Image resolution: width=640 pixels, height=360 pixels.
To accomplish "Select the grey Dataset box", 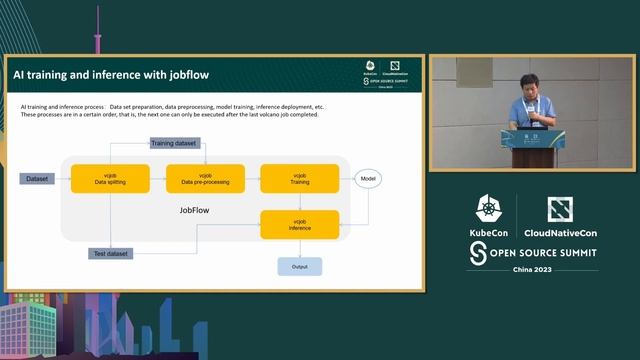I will click(x=37, y=178).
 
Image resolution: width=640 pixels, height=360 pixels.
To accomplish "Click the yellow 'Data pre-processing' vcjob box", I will click(x=205, y=178).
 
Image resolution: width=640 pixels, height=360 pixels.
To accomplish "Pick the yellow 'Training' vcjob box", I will click(x=299, y=178).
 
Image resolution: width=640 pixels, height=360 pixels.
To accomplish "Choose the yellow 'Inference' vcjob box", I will click(x=299, y=224).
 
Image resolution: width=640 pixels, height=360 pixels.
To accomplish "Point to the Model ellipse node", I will click(x=369, y=178).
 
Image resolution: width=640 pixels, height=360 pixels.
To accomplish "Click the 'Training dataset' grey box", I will click(x=176, y=143).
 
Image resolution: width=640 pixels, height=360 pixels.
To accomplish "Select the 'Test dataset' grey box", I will click(x=110, y=253).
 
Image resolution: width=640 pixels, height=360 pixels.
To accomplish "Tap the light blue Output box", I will click(x=299, y=266).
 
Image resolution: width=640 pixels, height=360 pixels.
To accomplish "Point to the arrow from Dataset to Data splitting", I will click(x=62, y=178).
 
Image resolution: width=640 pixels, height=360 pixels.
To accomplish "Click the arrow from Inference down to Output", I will click(x=299, y=247).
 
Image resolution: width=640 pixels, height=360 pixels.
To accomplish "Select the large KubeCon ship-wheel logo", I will click(x=488, y=210).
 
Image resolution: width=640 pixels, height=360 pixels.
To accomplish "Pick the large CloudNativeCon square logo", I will click(x=560, y=210).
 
